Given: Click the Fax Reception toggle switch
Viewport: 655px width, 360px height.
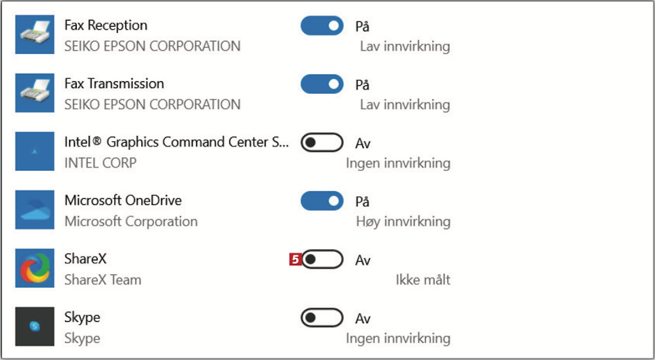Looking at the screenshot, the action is point(322,26).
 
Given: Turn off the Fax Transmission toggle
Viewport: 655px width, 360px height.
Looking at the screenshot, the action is point(322,84).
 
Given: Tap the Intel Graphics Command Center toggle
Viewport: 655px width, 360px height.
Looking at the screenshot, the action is point(322,142).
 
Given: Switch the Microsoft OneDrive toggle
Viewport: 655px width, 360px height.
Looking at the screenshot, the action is point(322,201).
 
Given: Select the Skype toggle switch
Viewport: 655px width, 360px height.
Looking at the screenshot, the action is point(322,318).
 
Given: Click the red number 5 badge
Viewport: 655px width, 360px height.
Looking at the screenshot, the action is point(295,260).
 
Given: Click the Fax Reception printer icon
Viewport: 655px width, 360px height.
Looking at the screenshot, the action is point(35,35).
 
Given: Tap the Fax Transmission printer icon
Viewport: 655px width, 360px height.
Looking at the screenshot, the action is point(35,93).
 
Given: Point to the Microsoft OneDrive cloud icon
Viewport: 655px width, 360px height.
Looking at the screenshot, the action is point(35,210).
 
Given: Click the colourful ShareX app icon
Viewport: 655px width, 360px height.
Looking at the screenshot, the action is point(35,268).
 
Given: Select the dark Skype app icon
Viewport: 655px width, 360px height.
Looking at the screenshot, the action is point(35,326).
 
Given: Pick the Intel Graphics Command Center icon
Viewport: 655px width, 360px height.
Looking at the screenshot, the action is point(35,151).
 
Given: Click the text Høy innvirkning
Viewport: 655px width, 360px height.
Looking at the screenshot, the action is point(403,222).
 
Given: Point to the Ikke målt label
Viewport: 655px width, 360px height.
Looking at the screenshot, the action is point(423,280).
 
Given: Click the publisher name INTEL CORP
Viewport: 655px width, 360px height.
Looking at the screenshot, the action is point(100,163).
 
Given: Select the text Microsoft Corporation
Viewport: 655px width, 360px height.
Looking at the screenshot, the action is point(131,222).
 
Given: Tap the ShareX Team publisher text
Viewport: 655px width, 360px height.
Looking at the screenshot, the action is point(103,280).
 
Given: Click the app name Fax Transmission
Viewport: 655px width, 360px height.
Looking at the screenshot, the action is point(114,83).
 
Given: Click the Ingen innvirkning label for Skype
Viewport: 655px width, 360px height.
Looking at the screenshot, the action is point(398,338).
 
